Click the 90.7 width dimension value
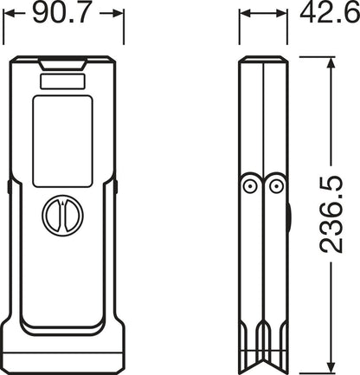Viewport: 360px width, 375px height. pyautogui.click(x=64, y=15)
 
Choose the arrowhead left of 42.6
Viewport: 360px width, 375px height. pyautogui.click(x=245, y=15)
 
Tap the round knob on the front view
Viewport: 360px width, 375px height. pyautogui.click(x=62, y=213)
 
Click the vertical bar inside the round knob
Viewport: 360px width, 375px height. pyautogui.click(x=62, y=213)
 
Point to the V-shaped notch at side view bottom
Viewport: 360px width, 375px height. pyautogui.click(x=263, y=360)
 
